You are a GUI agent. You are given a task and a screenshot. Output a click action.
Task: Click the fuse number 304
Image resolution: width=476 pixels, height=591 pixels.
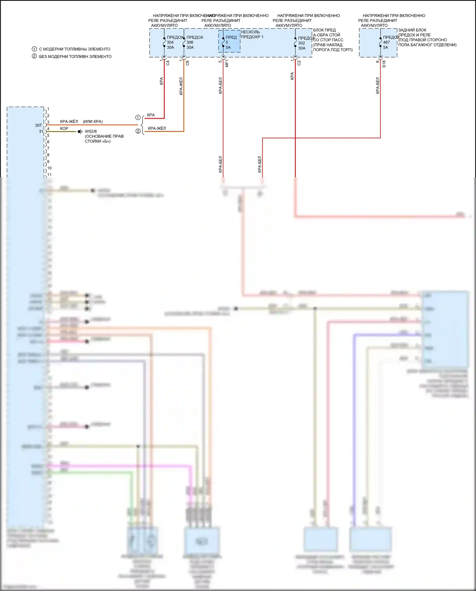point(170,42)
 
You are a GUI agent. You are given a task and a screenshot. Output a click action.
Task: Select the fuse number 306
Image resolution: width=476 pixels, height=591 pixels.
point(190,42)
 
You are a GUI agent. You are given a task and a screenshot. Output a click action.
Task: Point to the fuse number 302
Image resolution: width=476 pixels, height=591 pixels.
point(301,43)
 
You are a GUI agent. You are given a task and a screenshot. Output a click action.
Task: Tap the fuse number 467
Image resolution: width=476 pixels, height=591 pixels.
point(386,42)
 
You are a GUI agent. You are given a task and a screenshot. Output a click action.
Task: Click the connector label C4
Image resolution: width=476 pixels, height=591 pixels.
point(168,63)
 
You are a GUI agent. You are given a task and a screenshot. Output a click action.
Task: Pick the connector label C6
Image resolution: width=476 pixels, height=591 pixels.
point(188,63)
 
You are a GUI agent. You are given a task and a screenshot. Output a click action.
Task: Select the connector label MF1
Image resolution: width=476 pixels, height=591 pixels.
point(227,63)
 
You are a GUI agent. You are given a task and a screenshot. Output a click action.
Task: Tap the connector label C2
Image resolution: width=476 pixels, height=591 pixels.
point(299,63)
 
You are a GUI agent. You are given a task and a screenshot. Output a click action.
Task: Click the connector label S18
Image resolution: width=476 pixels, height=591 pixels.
point(384,64)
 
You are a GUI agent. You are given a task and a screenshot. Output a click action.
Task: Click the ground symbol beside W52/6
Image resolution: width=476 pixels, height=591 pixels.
point(80,131)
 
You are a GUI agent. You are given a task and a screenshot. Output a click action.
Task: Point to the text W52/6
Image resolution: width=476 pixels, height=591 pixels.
point(91,131)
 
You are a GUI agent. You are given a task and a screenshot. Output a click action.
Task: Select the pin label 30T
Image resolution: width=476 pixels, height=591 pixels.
point(38,125)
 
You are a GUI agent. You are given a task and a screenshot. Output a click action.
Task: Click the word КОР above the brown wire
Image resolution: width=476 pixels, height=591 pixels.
point(64,129)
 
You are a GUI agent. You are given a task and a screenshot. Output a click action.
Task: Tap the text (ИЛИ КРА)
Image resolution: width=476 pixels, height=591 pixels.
point(93,122)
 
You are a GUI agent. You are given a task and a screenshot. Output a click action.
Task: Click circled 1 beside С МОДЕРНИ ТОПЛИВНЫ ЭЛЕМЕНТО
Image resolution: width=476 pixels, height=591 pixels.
point(34,49)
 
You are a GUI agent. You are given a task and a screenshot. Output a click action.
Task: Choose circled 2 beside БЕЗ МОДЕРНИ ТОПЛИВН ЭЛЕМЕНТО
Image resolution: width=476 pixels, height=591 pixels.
point(34,56)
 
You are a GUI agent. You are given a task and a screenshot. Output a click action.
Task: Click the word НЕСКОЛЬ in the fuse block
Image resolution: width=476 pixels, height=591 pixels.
point(250,32)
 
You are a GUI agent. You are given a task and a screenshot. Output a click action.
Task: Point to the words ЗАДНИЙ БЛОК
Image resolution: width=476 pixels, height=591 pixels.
point(412,30)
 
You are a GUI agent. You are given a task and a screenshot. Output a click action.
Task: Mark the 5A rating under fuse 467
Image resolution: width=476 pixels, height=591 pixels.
point(386,47)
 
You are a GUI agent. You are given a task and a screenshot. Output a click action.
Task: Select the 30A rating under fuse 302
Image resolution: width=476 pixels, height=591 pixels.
point(301,48)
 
